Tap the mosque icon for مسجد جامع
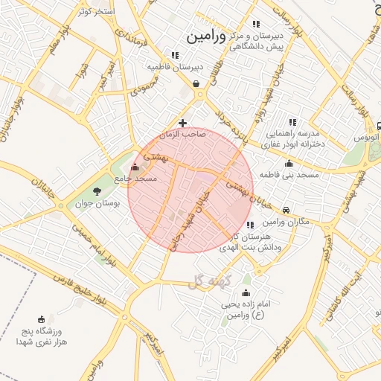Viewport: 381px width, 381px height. pos(134,167)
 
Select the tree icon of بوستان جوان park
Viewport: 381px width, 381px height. pos(97,192)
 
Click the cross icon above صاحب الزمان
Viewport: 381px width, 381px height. pos(183,122)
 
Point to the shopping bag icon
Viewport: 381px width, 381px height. pos(196,84)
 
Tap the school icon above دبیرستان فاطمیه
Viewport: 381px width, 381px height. pos(175,55)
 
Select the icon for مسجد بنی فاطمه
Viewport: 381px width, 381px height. pos(289,163)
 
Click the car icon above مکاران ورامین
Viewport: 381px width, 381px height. pos(286,211)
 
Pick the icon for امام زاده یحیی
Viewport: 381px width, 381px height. pos(246,292)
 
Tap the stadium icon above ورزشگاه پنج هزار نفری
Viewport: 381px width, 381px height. pos(40,318)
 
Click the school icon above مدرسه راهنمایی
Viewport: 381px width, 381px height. pos(292,122)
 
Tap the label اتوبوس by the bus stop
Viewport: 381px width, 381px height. pos(365,138)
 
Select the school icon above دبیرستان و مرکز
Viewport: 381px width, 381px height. pos(257,24)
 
